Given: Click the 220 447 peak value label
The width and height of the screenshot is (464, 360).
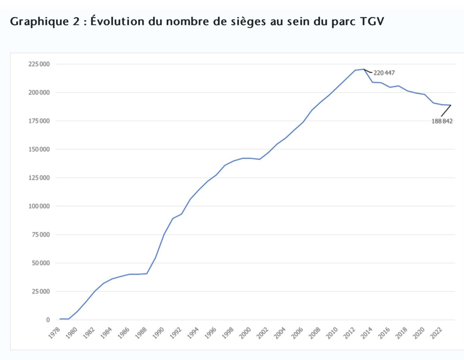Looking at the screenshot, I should tap(384, 73).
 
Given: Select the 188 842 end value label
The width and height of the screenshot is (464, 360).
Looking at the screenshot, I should tap(442, 121).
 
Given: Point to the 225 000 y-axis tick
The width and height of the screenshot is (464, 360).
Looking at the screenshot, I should tap(39, 64).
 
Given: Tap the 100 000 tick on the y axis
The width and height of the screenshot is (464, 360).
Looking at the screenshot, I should tap(39, 206).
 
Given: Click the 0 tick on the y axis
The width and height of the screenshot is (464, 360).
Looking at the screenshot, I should tap(48, 320).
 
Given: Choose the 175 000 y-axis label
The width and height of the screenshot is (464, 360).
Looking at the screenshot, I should tap(39, 121).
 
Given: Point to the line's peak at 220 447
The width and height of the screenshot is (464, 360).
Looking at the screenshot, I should tap(364, 69).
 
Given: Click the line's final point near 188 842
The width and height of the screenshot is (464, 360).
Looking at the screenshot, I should tap(451, 105).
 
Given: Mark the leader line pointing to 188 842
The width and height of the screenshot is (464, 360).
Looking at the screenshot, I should tap(446, 111).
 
